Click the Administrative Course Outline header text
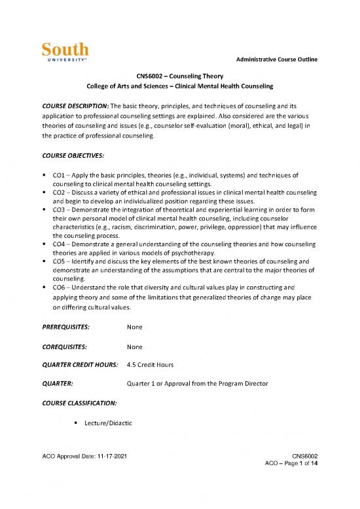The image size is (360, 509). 274,60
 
